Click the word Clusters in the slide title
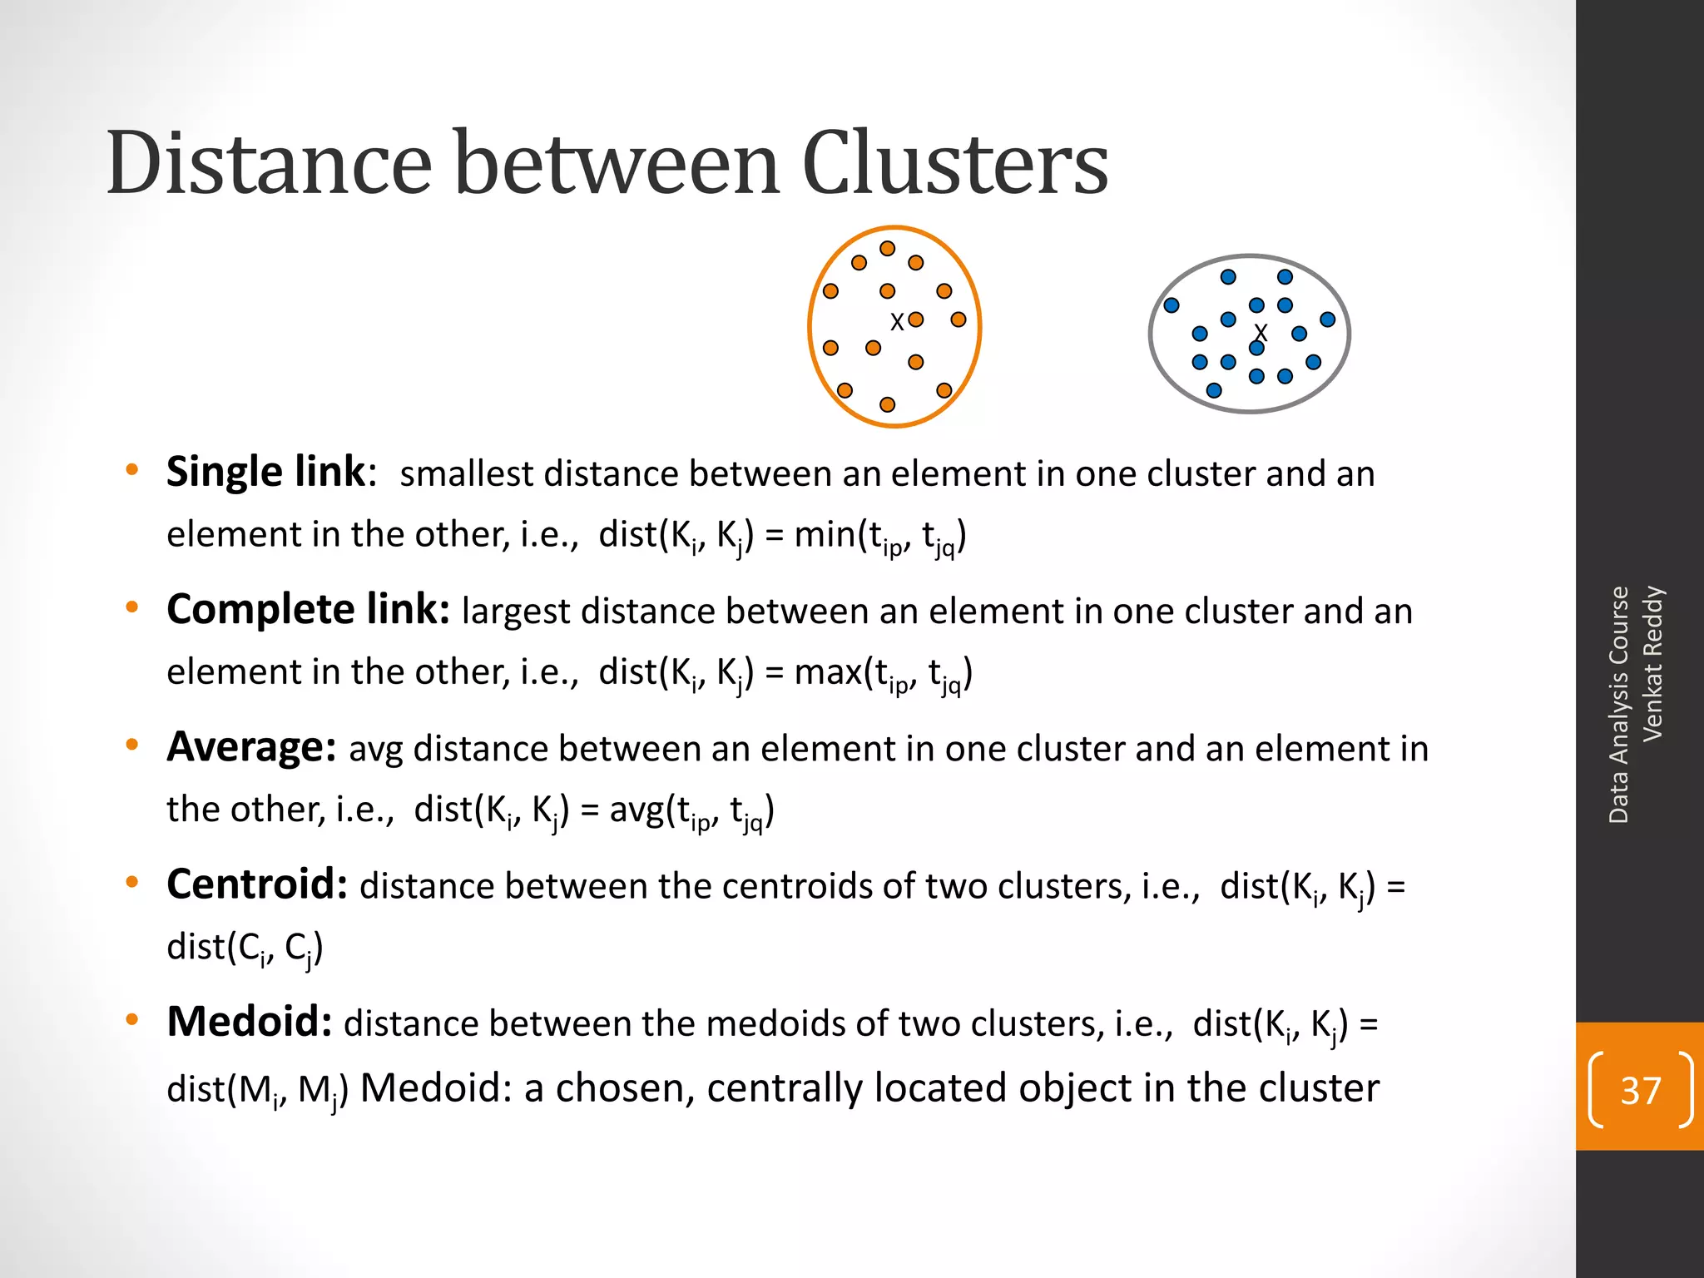click(x=954, y=164)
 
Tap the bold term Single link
click(x=265, y=472)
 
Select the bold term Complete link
click(x=308, y=609)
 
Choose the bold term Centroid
click(x=257, y=884)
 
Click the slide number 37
click(x=1640, y=1090)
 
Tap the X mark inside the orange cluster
click(x=896, y=322)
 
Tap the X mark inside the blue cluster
click(x=1261, y=333)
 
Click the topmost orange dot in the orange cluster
click(x=888, y=249)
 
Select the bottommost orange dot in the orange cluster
click(x=888, y=404)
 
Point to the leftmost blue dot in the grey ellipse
click(x=1171, y=305)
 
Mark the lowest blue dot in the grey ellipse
click(x=1214, y=390)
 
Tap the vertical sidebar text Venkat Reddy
click(x=1652, y=663)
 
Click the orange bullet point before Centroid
click(x=131, y=882)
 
